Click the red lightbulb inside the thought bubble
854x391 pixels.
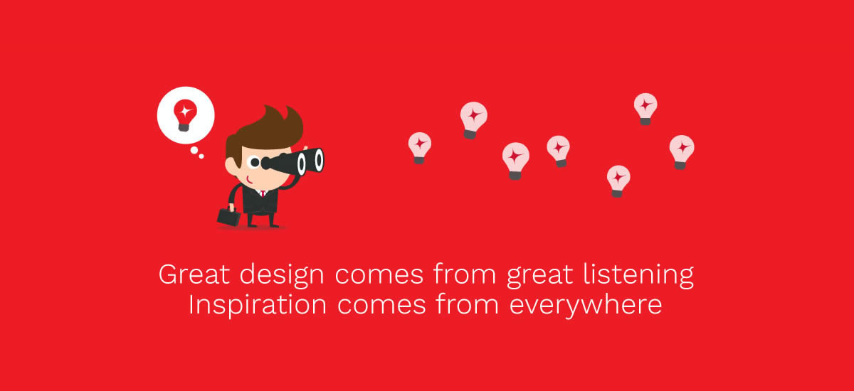[x=185, y=115]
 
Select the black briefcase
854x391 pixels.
[x=228, y=216]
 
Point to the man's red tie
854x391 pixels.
[x=263, y=194]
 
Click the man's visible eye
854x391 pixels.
[x=255, y=163]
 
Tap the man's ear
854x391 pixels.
[x=231, y=166]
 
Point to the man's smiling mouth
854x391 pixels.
[x=248, y=180]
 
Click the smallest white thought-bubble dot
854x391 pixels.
[x=201, y=156]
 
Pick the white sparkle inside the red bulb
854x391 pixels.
[x=186, y=111]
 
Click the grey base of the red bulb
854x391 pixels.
[x=184, y=127]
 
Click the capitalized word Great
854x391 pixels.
[x=194, y=274]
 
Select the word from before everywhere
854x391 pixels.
[x=468, y=304]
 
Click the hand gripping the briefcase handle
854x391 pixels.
[x=231, y=207]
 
